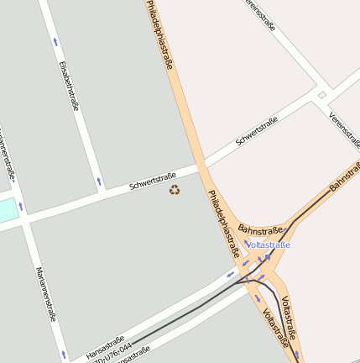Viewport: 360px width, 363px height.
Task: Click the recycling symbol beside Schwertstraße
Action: click(x=175, y=190)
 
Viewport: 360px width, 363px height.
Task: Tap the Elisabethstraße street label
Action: click(x=69, y=85)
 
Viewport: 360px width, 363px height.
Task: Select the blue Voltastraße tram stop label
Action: click(x=269, y=245)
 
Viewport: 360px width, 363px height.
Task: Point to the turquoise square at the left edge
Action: click(x=7, y=210)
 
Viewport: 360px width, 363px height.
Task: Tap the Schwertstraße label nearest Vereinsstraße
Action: click(x=256, y=131)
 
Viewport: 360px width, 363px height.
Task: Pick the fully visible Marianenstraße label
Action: click(x=45, y=294)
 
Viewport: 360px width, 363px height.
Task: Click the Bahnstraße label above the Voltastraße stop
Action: click(x=260, y=226)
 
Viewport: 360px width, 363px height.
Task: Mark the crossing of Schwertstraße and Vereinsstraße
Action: click(x=321, y=95)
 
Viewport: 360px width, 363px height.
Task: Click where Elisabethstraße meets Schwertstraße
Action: click(x=102, y=192)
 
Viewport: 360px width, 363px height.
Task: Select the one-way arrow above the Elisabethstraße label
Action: click(x=55, y=41)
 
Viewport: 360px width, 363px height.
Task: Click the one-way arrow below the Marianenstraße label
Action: click(x=64, y=355)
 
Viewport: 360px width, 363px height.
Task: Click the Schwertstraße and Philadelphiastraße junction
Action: click(x=201, y=165)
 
